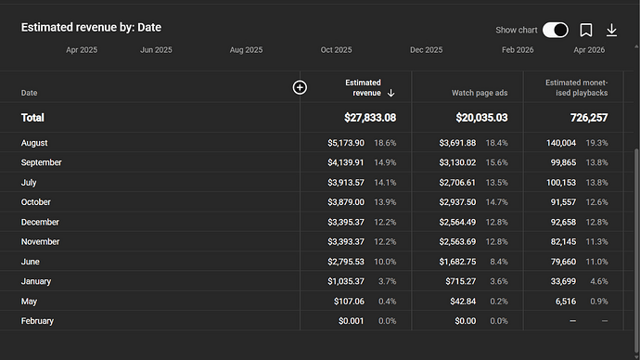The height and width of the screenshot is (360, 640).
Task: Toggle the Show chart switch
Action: [x=555, y=30]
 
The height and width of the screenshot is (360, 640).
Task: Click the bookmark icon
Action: [x=586, y=30]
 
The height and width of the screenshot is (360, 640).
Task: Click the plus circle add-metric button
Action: [x=300, y=87]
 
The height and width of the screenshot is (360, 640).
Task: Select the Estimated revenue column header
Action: [x=363, y=88]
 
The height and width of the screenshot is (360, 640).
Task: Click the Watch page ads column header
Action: [x=480, y=93]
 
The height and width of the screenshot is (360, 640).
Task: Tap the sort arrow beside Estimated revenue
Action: [x=390, y=93]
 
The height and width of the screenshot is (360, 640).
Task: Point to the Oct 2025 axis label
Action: [x=336, y=50]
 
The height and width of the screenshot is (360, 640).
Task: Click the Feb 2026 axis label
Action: [x=518, y=50]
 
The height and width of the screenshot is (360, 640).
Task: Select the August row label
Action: [x=34, y=143]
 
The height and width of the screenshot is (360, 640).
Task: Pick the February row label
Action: [x=37, y=321]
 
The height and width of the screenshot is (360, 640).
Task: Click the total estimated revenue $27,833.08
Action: [x=370, y=118]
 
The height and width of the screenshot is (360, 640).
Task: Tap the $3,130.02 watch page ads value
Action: [x=457, y=162]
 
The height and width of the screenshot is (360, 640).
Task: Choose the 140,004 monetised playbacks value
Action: [x=561, y=143]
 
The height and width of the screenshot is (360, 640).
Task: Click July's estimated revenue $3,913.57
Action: [x=346, y=183]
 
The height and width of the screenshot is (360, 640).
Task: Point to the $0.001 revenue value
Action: [x=351, y=321]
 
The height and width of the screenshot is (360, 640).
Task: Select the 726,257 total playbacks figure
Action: [x=589, y=118]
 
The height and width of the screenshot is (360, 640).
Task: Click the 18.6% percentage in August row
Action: [x=385, y=143]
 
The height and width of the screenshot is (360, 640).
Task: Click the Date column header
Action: [x=29, y=93]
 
